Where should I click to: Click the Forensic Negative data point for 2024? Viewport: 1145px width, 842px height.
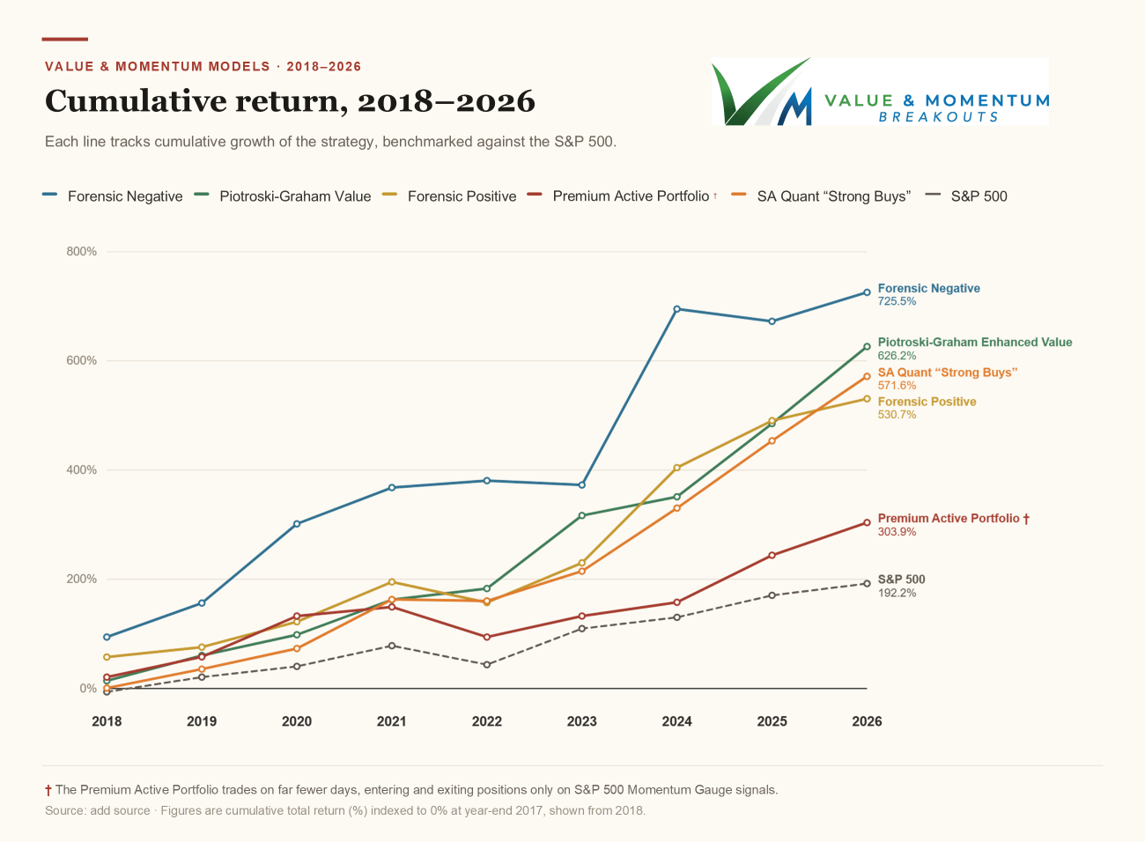(x=676, y=309)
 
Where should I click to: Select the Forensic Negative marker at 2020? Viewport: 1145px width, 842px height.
(x=297, y=524)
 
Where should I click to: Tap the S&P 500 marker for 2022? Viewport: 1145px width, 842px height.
(x=486, y=665)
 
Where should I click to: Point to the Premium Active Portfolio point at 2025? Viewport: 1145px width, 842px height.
(x=772, y=555)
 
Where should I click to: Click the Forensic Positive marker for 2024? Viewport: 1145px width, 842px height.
(x=676, y=468)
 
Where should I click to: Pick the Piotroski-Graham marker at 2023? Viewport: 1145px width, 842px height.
(x=581, y=515)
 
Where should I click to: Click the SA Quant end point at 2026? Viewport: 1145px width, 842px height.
(x=867, y=376)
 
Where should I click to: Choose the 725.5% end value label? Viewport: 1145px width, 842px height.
(x=897, y=301)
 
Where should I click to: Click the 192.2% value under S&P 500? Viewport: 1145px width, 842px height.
(x=897, y=593)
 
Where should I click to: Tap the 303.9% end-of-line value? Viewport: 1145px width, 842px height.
(x=897, y=532)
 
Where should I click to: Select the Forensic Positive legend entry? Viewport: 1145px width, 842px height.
(x=449, y=196)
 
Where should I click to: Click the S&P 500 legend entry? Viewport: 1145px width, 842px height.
(x=966, y=196)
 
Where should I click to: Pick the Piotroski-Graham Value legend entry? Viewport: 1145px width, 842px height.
(x=283, y=196)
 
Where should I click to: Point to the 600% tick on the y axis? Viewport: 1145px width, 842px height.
(x=81, y=360)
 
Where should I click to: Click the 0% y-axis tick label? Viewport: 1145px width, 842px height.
(x=88, y=689)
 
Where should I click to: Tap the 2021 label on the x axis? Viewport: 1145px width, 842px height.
(x=392, y=721)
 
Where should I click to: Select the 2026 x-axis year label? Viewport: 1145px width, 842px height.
(x=867, y=721)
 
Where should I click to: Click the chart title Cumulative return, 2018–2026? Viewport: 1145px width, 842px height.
(x=290, y=101)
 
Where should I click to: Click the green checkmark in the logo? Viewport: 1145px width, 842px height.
(x=757, y=91)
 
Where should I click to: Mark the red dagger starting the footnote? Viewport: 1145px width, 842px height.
(x=48, y=790)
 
